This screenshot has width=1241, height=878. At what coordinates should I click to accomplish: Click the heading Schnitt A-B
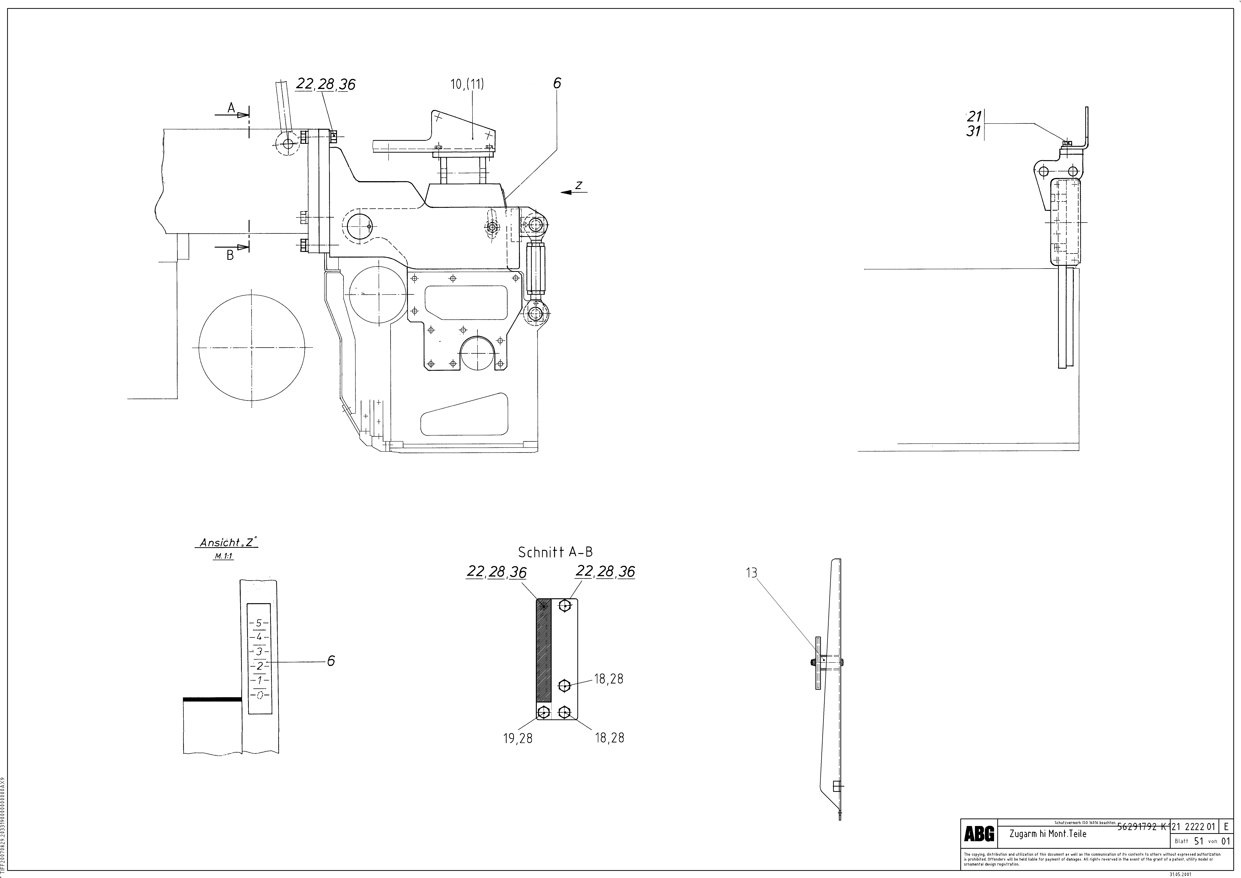click(555, 552)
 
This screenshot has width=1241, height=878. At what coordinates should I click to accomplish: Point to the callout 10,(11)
click(467, 84)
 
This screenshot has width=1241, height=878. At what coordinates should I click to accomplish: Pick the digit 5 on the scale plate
click(259, 623)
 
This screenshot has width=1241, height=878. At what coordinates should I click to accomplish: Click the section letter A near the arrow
click(231, 108)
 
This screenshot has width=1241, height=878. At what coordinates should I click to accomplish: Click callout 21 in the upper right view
click(974, 116)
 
